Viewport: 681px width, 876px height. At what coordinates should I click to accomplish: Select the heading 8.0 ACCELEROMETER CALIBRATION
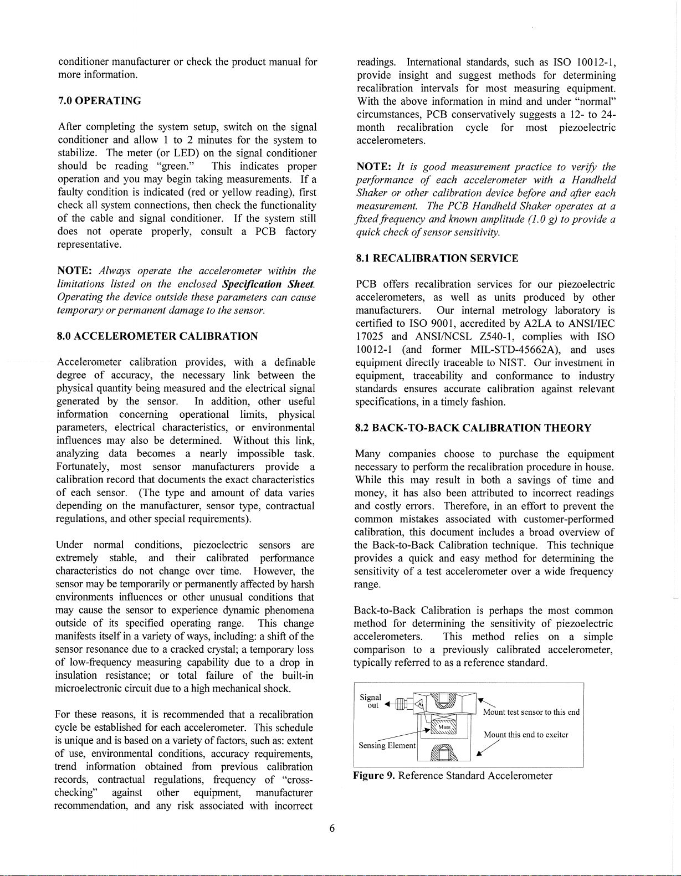157,336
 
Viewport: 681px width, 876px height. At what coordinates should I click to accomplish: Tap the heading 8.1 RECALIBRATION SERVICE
437,258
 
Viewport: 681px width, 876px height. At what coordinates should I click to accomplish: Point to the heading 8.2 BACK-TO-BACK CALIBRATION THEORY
473,428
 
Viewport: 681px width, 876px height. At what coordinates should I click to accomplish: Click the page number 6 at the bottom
332,828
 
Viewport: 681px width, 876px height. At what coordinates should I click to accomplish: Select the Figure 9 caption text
452,776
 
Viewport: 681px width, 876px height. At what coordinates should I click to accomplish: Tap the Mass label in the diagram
444,726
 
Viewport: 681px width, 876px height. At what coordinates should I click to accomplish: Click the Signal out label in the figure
371,701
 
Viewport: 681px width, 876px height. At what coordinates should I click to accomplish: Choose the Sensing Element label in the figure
387,746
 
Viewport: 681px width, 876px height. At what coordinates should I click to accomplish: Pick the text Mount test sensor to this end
531,713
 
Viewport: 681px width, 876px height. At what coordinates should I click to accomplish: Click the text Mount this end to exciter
526,735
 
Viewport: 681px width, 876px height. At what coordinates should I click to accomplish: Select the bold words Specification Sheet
269,284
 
